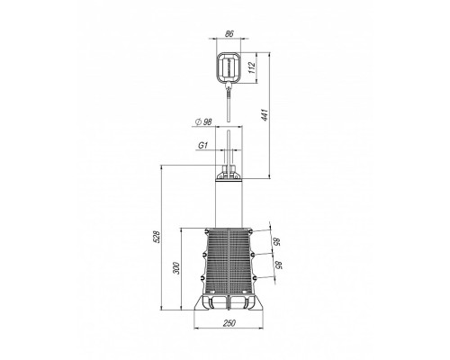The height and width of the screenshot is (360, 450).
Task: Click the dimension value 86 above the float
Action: click(229, 33)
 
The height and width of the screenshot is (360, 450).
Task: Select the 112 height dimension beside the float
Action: click(252, 67)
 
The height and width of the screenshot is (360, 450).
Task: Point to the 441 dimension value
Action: click(264, 115)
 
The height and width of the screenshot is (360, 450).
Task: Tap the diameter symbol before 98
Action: click(198, 121)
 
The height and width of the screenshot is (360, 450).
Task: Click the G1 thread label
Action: click(203, 146)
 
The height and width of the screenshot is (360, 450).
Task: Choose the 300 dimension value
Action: click(176, 268)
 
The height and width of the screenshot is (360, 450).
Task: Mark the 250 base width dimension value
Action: click(229, 323)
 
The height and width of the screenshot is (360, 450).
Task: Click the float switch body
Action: click(229, 67)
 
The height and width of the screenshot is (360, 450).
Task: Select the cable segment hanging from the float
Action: click(229, 105)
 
